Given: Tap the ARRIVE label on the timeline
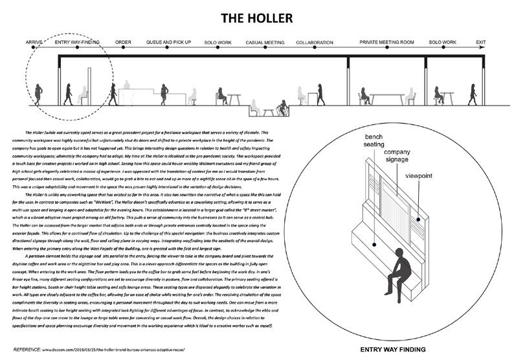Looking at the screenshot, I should point(34,42).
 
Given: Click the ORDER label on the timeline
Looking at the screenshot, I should point(123,42).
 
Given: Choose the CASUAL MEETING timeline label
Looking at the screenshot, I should point(265,42).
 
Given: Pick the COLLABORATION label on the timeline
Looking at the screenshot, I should point(314,42).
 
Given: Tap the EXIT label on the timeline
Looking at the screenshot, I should point(480,42).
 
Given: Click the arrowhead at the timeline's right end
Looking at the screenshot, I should point(495,50).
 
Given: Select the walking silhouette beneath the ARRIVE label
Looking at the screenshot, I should point(39,95).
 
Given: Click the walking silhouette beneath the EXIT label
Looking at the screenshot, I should point(472,95).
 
